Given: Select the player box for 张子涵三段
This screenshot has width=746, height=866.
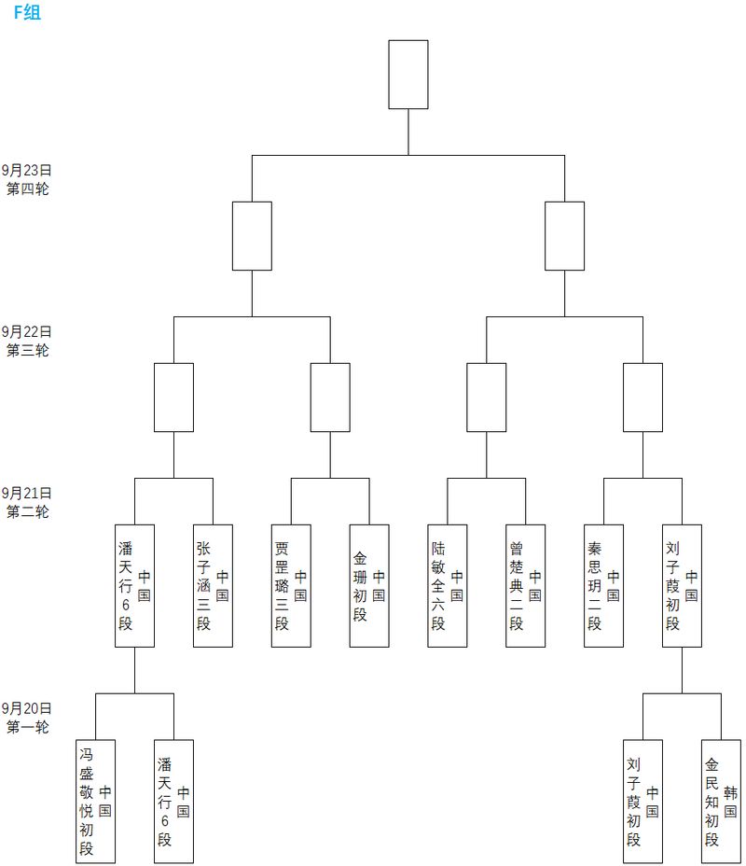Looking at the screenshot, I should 213,585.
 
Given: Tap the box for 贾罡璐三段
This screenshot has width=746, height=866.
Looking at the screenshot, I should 291,585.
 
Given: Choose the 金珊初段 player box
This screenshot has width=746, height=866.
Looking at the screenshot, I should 369,585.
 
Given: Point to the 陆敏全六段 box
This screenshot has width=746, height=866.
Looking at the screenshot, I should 448,585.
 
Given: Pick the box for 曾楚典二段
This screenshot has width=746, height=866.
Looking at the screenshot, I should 526,585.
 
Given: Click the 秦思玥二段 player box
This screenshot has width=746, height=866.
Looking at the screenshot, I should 604,585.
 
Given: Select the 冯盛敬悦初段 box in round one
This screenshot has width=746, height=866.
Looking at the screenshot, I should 95,801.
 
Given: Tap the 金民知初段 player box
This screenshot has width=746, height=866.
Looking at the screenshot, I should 721,801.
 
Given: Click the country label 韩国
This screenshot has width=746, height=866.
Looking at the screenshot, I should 730,802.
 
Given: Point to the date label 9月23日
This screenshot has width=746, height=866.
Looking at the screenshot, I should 27,170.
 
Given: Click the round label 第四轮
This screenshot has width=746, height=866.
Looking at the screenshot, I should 27,189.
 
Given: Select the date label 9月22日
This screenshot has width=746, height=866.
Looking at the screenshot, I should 27,331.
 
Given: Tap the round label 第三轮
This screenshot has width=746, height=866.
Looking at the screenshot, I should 27,350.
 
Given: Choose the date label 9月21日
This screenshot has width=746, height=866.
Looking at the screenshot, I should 27,493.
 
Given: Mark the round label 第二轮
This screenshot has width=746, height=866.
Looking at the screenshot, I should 27,511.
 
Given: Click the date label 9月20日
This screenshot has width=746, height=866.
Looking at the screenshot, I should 27,708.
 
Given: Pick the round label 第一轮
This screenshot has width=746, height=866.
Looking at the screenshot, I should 27,727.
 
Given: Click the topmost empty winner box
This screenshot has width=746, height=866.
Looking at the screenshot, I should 408,75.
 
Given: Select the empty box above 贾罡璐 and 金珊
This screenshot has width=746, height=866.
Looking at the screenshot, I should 330,398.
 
